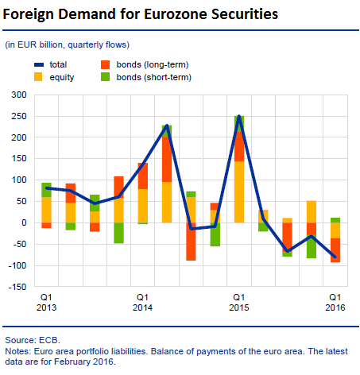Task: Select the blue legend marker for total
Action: pos(39,64)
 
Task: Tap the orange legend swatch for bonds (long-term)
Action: pos(105,64)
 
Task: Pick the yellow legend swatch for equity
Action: pos(38,77)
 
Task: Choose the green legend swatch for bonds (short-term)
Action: pos(105,77)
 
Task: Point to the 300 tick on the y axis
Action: pos(19,95)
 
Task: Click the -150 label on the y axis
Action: pos(17,287)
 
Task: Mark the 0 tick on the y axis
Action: pos(24,222)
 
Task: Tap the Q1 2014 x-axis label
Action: pos(142,302)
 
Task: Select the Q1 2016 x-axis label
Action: pos(335,302)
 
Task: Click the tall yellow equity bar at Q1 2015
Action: pos(239,191)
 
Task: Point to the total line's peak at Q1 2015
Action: pos(239,116)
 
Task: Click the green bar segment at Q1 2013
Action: pos(46,190)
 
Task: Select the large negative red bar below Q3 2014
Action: pos(191,242)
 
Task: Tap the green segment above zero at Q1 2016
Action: pos(335,220)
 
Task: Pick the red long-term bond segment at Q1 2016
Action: pos(335,250)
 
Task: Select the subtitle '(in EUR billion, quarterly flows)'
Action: pos(68,44)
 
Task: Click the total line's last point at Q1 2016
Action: pos(335,257)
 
